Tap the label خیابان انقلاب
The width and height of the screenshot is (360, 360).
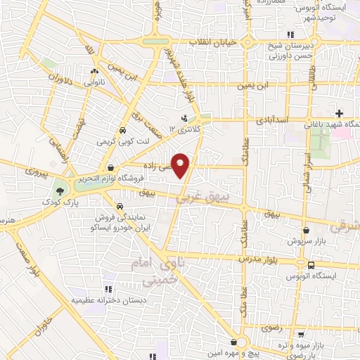tap(216, 43)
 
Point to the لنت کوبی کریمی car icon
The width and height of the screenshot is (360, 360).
tap(123, 130)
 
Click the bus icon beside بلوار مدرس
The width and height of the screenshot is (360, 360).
tap(311, 264)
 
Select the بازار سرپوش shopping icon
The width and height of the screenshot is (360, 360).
tap(306, 229)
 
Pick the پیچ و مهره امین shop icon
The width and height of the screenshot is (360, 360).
tap(233, 342)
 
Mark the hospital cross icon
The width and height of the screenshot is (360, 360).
tap(339, 113)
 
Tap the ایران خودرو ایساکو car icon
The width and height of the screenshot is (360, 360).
tap(120, 207)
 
